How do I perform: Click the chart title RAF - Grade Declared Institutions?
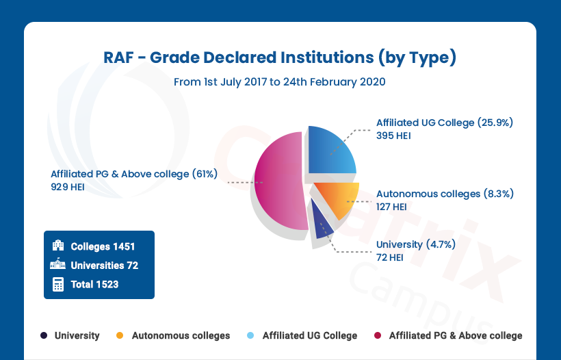[x=280, y=57]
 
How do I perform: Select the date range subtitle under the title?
[x=280, y=82]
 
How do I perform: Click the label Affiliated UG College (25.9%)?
[x=444, y=123]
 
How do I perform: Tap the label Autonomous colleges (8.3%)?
[x=445, y=194]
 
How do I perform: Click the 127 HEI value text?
[x=391, y=207]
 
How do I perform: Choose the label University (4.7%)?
[x=416, y=244]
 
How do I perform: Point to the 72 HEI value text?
[x=389, y=257]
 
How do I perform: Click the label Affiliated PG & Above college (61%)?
[x=133, y=174]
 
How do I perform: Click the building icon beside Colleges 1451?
[x=58, y=246]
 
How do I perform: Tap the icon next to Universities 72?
[x=57, y=265]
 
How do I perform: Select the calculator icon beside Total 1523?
[x=58, y=284]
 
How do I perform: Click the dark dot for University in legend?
[x=44, y=335]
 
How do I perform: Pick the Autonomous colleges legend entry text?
[x=181, y=335]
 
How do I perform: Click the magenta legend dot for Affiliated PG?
[x=376, y=335]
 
